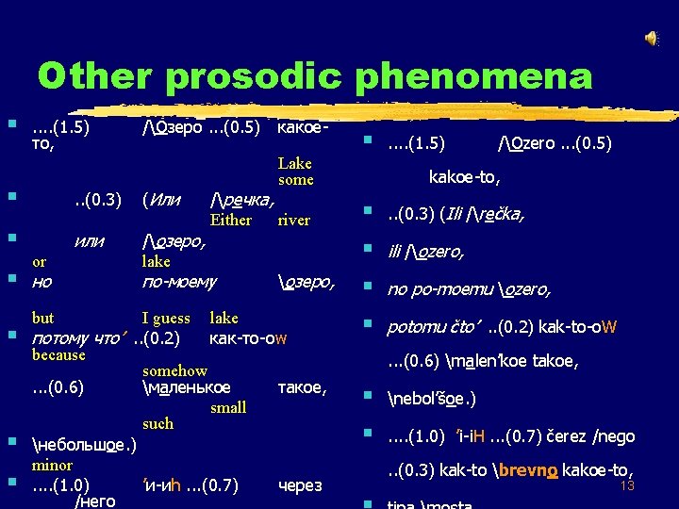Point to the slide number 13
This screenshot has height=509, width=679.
628,485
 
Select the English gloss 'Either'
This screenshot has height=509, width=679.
231,221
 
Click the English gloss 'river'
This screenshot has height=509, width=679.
293,221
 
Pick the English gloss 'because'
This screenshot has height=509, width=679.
58,355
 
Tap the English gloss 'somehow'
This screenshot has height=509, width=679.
174,371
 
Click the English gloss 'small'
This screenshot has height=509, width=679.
228,407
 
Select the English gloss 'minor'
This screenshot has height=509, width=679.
52,465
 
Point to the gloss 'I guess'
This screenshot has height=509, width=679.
166,319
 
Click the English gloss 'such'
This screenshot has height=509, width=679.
157,424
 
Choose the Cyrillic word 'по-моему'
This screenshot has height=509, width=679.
178,281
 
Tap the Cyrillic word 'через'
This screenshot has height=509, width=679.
300,486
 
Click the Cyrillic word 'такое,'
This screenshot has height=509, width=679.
302,387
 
